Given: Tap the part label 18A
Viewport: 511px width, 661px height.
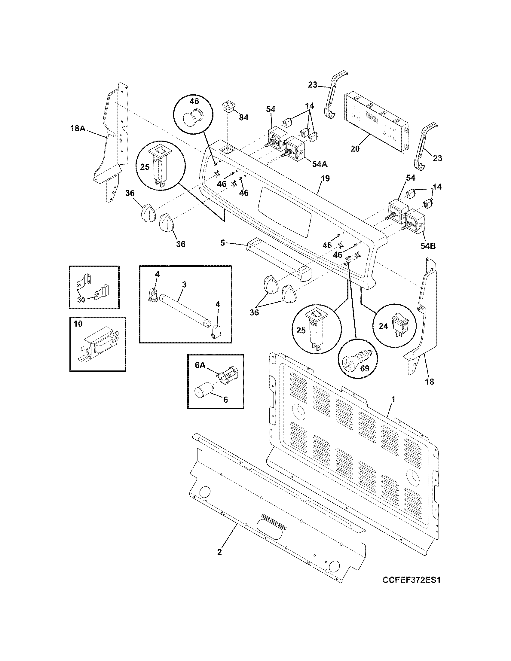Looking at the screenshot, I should pos(78,128).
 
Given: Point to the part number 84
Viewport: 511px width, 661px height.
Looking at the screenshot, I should pos(244,117).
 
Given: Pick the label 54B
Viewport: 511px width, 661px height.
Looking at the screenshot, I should pos(428,246).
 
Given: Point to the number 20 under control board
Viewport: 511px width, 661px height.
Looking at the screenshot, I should pos(355,149).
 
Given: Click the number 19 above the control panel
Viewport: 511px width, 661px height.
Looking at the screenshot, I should pos(325,178).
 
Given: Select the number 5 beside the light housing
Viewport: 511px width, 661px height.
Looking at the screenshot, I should pos(222,243).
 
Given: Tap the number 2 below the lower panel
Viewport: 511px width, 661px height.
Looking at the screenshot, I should pos(219,552).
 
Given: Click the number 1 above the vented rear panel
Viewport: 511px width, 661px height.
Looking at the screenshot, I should pos(393,400).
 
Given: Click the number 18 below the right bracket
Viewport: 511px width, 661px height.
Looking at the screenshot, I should pos(429,382).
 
